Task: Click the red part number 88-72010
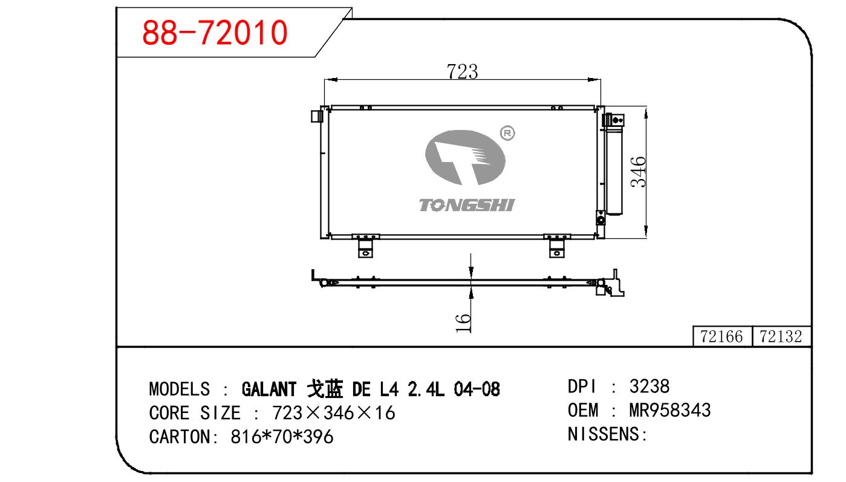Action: point(215,33)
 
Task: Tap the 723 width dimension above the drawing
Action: point(462,71)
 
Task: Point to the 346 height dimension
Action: point(639,172)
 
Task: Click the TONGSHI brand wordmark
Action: point(467,205)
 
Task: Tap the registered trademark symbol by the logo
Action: point(507,133)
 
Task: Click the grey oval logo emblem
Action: point(465,157)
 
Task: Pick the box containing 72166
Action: point(722,336)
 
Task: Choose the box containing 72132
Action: point(781,336)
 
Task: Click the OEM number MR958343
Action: point(670,410)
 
